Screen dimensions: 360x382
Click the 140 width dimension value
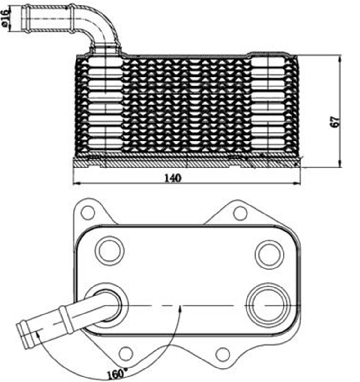pos(173,178)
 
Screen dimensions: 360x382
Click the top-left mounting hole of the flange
pos(88,213)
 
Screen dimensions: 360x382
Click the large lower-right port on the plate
pos(268,305)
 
